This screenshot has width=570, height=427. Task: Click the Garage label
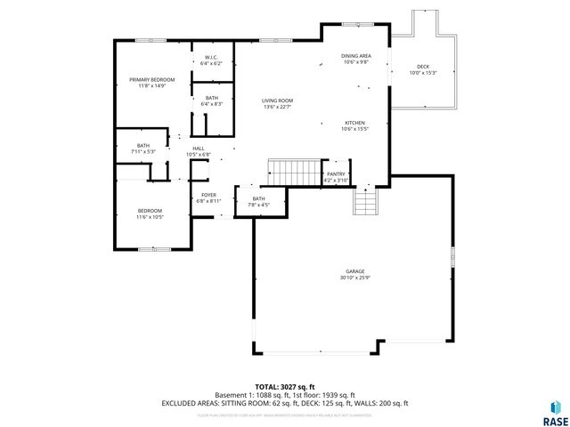click(355, 272)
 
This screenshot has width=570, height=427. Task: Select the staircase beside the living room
click(294, 171)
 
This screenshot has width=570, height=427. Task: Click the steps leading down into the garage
click(365, 204)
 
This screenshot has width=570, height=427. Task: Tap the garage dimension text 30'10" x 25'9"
click(355, 278)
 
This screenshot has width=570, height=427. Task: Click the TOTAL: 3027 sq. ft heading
click(284, 387)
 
